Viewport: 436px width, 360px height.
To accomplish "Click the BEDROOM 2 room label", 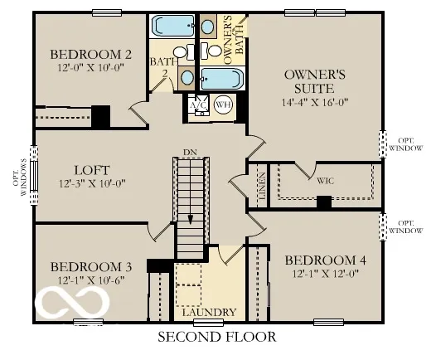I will [x=91, y=55].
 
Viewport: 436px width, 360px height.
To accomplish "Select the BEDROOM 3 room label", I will [x=91, y=266].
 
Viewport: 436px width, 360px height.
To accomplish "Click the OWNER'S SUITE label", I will [x=309, y=80].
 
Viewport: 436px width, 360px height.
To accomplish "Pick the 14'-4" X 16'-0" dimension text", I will [x=309, y=103].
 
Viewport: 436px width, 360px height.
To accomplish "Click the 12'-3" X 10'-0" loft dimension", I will [x=90, y=183].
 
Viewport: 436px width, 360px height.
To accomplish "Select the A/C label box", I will [x=197, y=106].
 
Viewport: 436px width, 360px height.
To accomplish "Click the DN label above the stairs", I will [x=190, y=152].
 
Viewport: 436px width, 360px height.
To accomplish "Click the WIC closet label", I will [x=325, y=178].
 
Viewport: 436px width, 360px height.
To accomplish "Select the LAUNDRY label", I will [x=215, y=313].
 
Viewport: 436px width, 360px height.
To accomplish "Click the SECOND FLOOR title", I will [x=216, y=337].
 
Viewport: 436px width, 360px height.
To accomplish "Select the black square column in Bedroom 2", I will [x=100, y=117].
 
